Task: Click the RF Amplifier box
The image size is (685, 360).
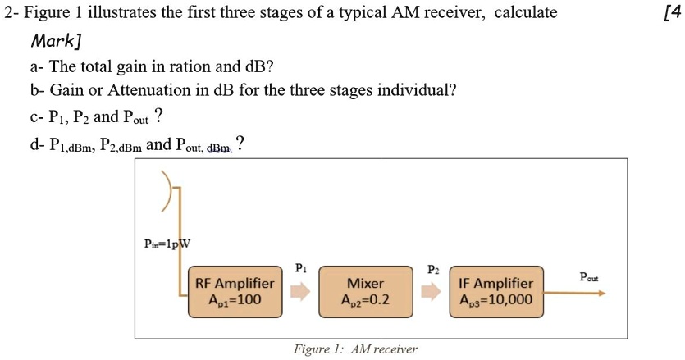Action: click(x=234, y=291)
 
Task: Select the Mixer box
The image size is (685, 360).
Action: click(x=365, y=291)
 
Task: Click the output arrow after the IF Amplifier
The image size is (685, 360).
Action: click(x=574, y=292)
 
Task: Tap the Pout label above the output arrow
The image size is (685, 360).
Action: click(x=589, y=276)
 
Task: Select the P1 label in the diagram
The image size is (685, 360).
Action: click(x=300, y=267)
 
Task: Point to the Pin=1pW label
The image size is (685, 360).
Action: click(x=167, y=244)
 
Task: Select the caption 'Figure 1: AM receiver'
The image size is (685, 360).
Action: click(x=354, y=349)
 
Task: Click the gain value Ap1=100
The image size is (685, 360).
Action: click(x=234, y=300)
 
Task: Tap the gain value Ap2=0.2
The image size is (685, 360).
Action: click(x=365, y=300)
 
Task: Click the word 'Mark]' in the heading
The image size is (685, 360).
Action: click(x=57, y=40)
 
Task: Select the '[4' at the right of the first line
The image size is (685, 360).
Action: click(x=671, y=12)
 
